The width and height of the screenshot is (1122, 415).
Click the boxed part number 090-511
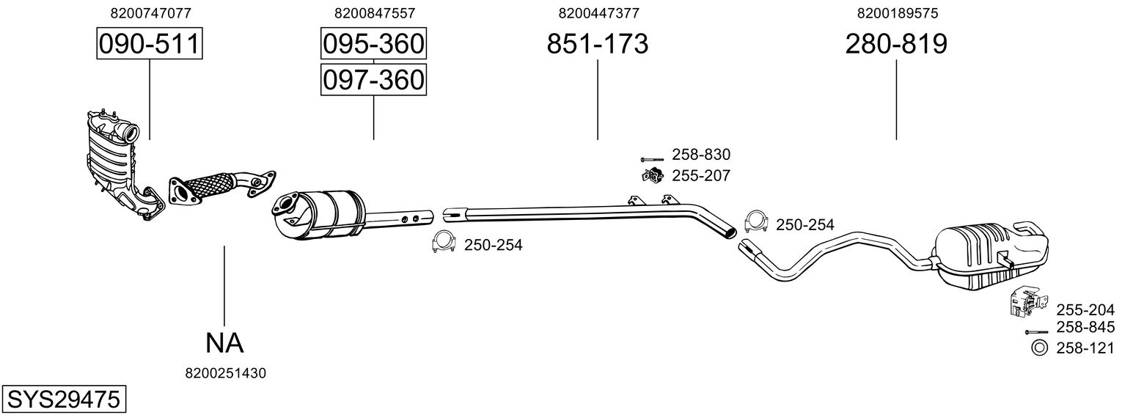(150, 45)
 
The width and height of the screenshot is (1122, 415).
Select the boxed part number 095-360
(373, 45)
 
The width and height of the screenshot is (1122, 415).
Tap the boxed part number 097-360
(373, 79)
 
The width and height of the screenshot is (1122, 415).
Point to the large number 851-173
(598, 45)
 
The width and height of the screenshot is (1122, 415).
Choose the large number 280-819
(896, 45)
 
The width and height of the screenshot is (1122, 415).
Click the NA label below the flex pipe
(224, 342)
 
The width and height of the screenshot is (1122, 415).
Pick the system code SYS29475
(63, 400)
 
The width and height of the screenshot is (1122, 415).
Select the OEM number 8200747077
(150, 13)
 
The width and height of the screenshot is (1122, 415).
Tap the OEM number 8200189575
(896, 13)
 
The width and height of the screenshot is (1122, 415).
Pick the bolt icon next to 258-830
(651, 158)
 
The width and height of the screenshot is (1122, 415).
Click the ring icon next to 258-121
(1038, 348)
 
